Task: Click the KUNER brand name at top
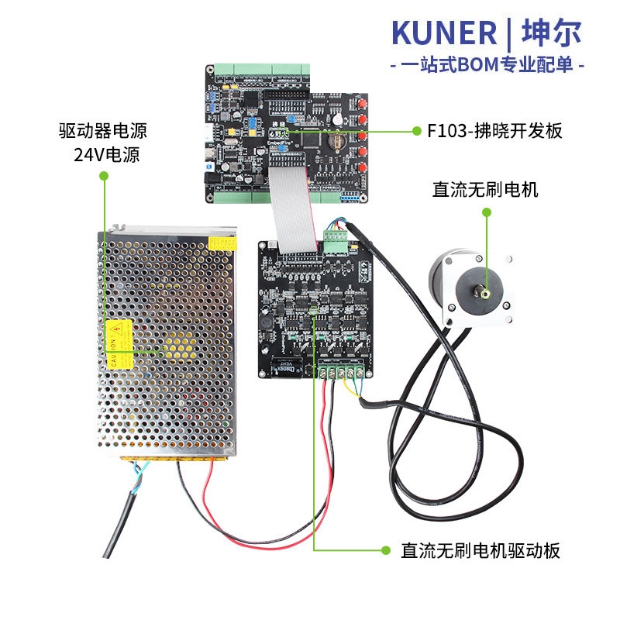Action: point(444,33)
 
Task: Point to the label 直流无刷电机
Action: point(485,190)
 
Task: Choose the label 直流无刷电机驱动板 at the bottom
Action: point(480,551)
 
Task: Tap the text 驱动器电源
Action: point(103,129)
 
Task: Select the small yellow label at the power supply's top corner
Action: point(221,242)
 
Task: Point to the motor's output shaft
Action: point(484,294)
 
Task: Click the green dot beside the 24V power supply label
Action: point(103,177)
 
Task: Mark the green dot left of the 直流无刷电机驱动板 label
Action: point(384,550)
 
